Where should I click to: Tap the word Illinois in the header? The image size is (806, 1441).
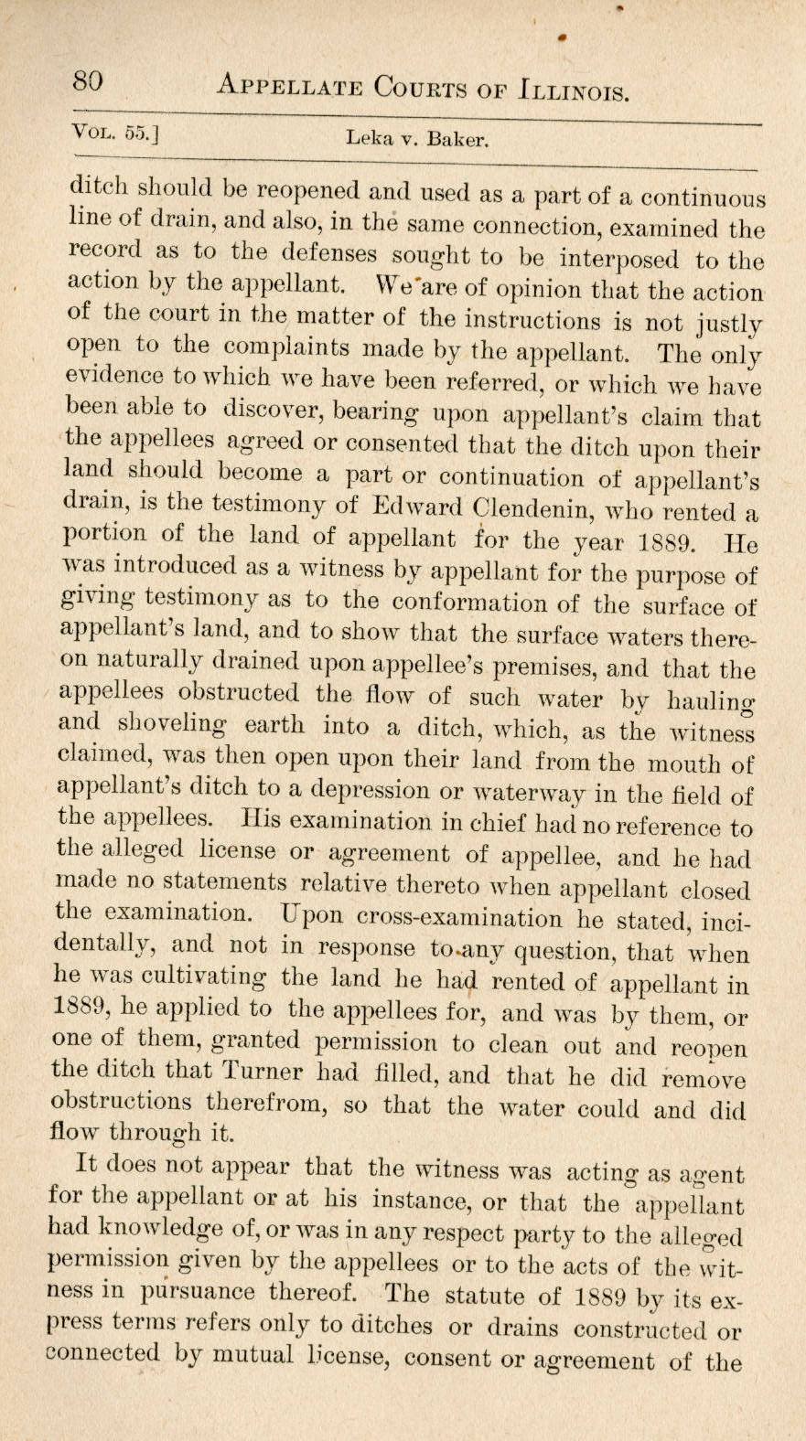pyautogui.click(x=572, y=91)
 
